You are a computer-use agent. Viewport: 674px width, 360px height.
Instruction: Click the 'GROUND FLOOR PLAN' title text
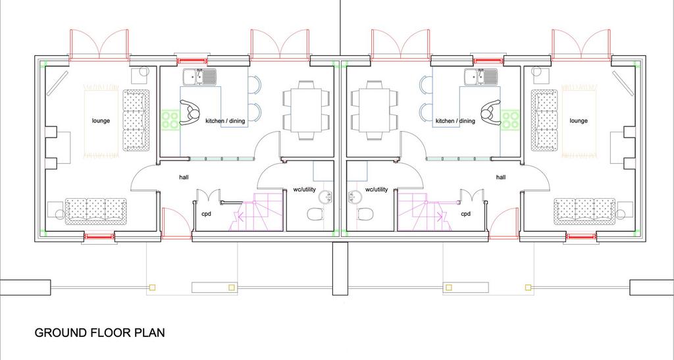(x=100, y=332)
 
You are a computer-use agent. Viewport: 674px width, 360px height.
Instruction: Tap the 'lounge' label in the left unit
(x=101, y=120)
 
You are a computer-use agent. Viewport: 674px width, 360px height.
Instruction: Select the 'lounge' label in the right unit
(x=579, y=120)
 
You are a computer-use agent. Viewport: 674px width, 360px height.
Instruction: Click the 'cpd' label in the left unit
(x=206, y=213)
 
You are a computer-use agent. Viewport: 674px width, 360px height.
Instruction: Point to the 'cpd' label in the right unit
(x=466, y=213)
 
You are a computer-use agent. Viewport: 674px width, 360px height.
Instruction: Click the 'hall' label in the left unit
(x=184, y=176)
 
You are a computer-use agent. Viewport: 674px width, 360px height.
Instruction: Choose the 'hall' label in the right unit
(x=501, y=176)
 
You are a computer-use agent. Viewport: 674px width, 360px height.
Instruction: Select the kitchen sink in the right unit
(x=481, y=76)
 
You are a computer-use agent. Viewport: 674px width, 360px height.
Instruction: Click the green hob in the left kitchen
(x=170, y=119)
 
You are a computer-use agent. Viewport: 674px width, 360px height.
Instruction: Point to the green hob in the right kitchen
(x=510, y=119)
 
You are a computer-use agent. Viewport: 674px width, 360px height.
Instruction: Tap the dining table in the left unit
(x=307, y=111)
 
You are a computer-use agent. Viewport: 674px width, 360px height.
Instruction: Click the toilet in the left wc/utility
(x=316, y=213)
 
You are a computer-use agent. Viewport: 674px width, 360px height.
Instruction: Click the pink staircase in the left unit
(x=255, y=212)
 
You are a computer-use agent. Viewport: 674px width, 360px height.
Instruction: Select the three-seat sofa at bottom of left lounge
(x=96, y=211)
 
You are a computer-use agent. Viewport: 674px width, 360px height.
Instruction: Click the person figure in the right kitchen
(x=490, y=113)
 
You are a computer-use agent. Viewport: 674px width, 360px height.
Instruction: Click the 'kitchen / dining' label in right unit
(x=455, y=121)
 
